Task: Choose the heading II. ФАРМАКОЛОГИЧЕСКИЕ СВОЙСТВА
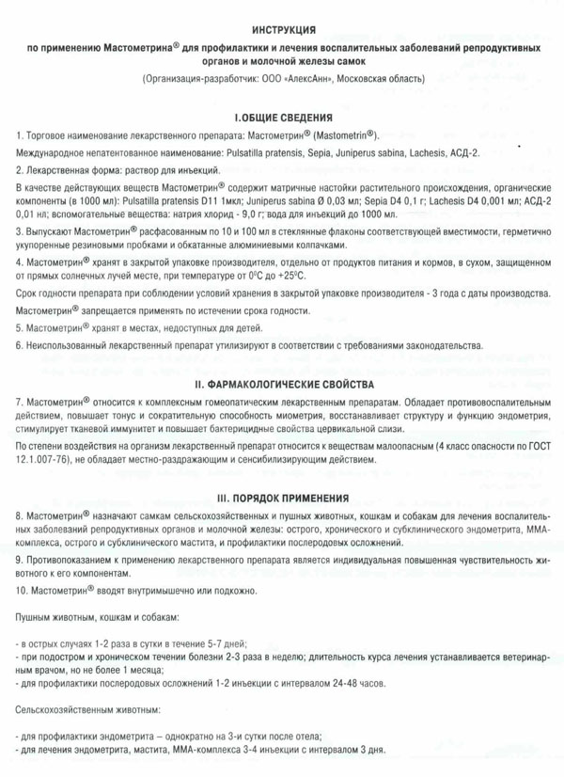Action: click(x=283, y=386)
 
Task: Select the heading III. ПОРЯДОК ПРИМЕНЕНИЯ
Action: click(x=283, y=498)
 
